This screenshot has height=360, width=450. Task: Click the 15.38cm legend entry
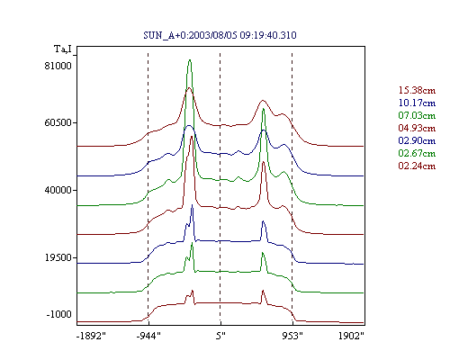(417, 90)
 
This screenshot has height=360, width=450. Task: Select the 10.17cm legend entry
(417, 103)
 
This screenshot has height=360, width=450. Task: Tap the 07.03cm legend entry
(417, 115)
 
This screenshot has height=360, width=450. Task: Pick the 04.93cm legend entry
(417, 128)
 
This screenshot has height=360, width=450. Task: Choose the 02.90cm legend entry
(417, 140)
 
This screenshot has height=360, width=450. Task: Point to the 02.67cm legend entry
(417, 153)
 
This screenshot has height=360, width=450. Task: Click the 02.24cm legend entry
(417, 166)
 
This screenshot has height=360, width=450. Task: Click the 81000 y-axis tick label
(58, 66)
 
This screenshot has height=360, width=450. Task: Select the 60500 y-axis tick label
(58, 122)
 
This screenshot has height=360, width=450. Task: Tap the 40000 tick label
(58, 190)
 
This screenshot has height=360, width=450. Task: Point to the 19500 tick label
(58, 257)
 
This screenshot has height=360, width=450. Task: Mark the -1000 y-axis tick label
(58, 314)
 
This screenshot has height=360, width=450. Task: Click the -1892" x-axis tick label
(91, 336)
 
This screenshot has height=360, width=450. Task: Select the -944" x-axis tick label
(148, 336)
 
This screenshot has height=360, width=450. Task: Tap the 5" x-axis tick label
(220, 336)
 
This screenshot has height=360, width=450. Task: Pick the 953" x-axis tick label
(292, 336)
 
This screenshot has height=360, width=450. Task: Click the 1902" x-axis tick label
(351, 336)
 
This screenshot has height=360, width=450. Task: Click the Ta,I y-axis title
(63, 49)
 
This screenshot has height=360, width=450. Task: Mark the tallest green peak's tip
(190, 59)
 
